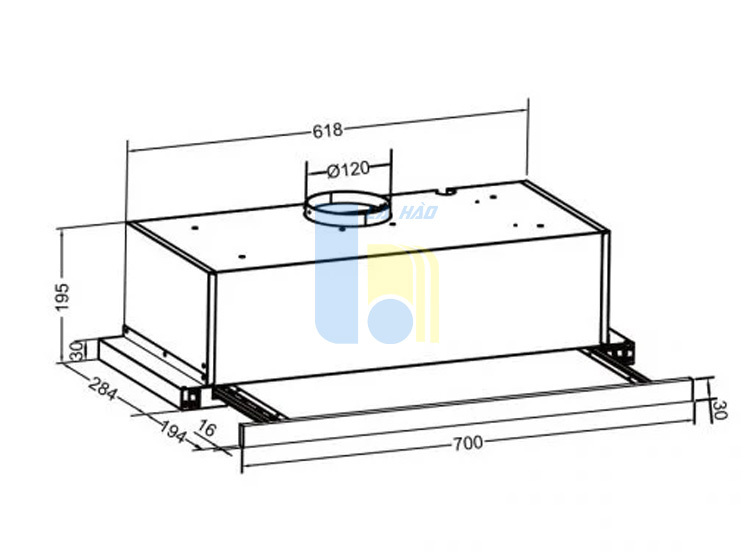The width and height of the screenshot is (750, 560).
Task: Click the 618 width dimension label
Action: click(x=328, y=130)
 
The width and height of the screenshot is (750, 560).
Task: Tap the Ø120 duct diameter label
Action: click(x=348, y=169)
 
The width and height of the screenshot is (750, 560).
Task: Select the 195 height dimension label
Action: click(x=63, y=296)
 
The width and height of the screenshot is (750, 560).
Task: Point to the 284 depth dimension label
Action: click(x=103, y=386)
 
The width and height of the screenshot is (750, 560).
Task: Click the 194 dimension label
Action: click(x=172, y=431)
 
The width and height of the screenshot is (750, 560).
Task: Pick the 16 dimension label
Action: click(x=207, y=429)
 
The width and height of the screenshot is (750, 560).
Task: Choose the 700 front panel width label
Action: click(x=468, y=444)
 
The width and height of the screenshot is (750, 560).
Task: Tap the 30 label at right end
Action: click(x=720, y=410)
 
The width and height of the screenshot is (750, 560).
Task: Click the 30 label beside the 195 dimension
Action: click(x=77, y=351)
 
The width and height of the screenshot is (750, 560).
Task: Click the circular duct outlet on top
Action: click(x=347, y=210)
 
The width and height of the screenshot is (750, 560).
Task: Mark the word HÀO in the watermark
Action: click(x=419, y=212)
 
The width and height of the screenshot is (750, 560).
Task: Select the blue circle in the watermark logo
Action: click(x=390, y=321)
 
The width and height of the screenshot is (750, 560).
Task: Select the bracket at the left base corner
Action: click(x=191, y=397)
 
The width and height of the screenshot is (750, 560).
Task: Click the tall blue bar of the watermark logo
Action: click(x=337, y=277)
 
